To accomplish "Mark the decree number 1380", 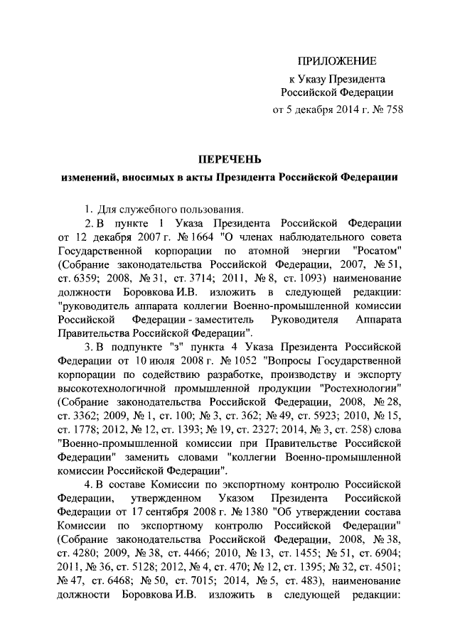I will point(224,513).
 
